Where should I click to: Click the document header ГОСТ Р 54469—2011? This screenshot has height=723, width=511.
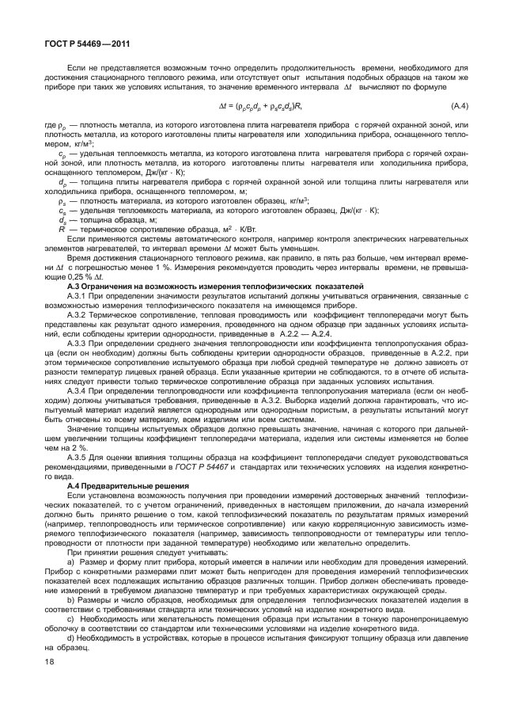point(76,44)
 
